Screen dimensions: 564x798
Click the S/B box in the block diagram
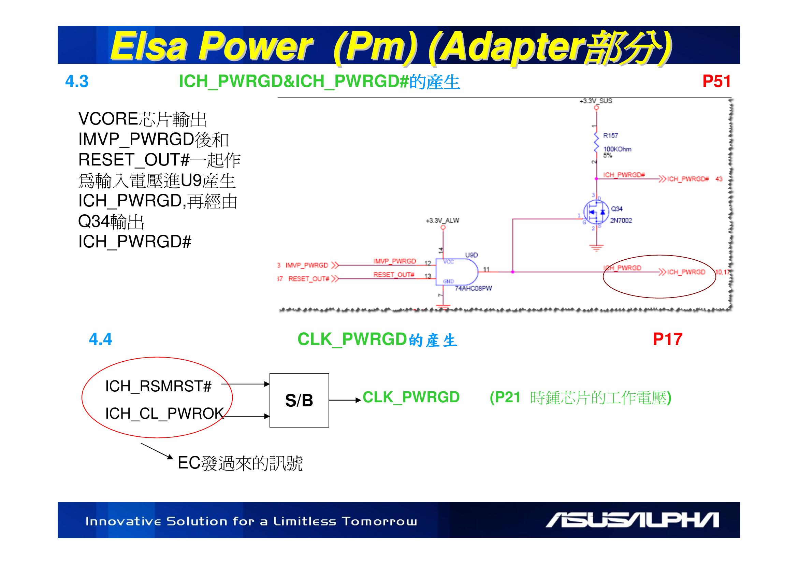299,400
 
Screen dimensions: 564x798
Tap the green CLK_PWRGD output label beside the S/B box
411,397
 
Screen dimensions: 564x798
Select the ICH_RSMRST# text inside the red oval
158,386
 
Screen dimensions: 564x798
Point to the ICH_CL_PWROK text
164,413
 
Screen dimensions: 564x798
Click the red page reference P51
716,81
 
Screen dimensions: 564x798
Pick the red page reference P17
667,339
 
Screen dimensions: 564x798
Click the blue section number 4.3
77,82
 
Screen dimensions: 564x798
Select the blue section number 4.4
100,339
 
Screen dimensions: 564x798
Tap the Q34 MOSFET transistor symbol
596,212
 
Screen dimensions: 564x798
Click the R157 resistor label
610,135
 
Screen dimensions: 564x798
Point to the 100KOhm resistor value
617,149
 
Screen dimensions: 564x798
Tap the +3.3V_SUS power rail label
596,101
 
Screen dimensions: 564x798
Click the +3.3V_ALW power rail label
442,221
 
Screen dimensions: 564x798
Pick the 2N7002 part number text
621,220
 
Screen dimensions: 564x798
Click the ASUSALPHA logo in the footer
632,520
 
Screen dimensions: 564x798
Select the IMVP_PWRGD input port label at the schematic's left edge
307,265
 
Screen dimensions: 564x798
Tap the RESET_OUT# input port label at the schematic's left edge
309,279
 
